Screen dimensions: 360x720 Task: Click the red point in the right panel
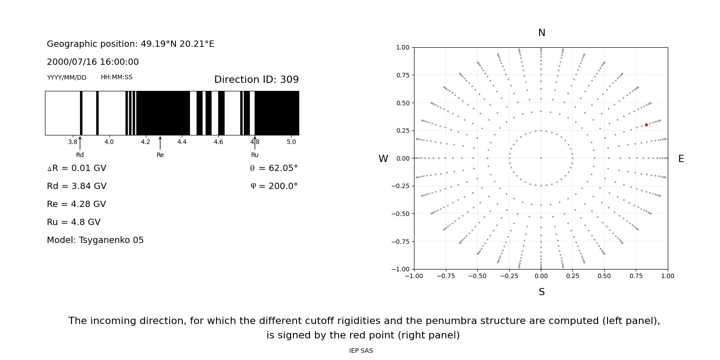click(x=646, y=125)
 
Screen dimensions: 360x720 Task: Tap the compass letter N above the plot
click(x=541, y=33)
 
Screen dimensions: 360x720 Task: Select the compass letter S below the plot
click(x=541, y=292)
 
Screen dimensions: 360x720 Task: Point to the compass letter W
click(x=383, y=159)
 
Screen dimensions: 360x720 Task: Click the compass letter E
click(x=681, y=159)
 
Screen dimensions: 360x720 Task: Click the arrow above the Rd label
click(x=80, y=143)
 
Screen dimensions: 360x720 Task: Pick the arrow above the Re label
click(x=160, y=143)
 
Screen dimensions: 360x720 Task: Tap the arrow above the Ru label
click(x=255, y=143)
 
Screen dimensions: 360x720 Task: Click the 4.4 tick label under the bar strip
click(x=182, y=142)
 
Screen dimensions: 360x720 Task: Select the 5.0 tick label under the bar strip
click(x=291, y=142)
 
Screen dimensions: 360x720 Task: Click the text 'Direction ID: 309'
click(x=256, y=80)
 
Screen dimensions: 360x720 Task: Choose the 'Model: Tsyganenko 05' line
click(x=95, y=240)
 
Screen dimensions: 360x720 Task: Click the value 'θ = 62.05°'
click(x=274, y=168)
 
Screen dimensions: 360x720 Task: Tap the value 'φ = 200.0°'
click(x=274, y=186)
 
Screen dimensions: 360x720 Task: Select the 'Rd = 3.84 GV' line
click(x=76, y=186)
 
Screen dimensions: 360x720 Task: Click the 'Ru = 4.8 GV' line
click(x=74, y=222)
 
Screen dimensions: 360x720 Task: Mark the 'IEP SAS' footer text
click(x=361, y=351)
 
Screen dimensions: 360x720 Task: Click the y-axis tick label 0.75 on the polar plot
click(x=403, y=75)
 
